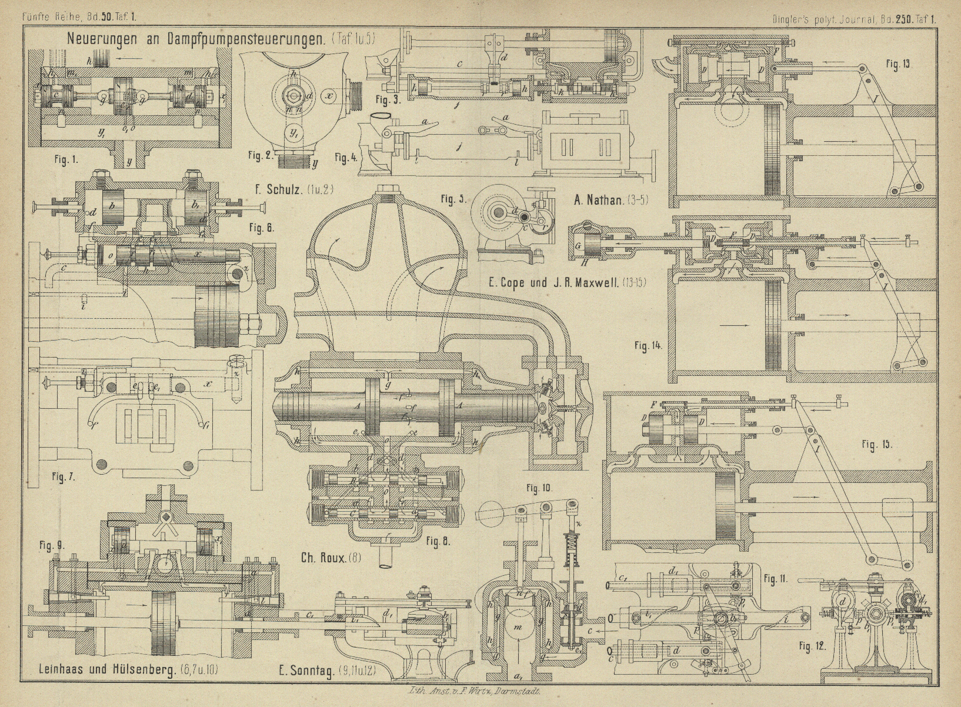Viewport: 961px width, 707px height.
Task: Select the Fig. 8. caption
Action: coord(438,541)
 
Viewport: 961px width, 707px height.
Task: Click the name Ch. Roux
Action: coord(323,557)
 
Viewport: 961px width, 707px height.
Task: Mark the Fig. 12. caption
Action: coord(812,646)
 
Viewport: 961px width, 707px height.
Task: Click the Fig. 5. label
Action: coord(454,199)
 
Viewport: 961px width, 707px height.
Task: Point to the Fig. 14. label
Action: coord(648,346)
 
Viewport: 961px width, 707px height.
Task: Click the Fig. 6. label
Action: coord(261,227)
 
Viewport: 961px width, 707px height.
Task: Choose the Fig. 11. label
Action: coord(776,579)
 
